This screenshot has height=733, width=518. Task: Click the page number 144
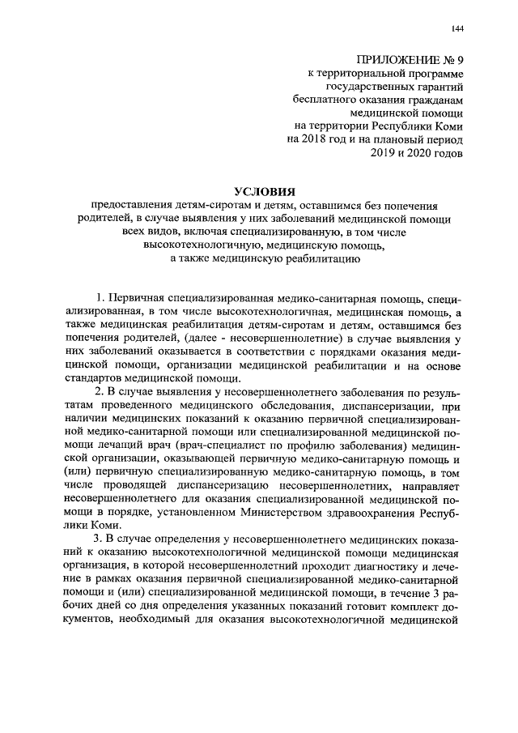click(x=456, y=30)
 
